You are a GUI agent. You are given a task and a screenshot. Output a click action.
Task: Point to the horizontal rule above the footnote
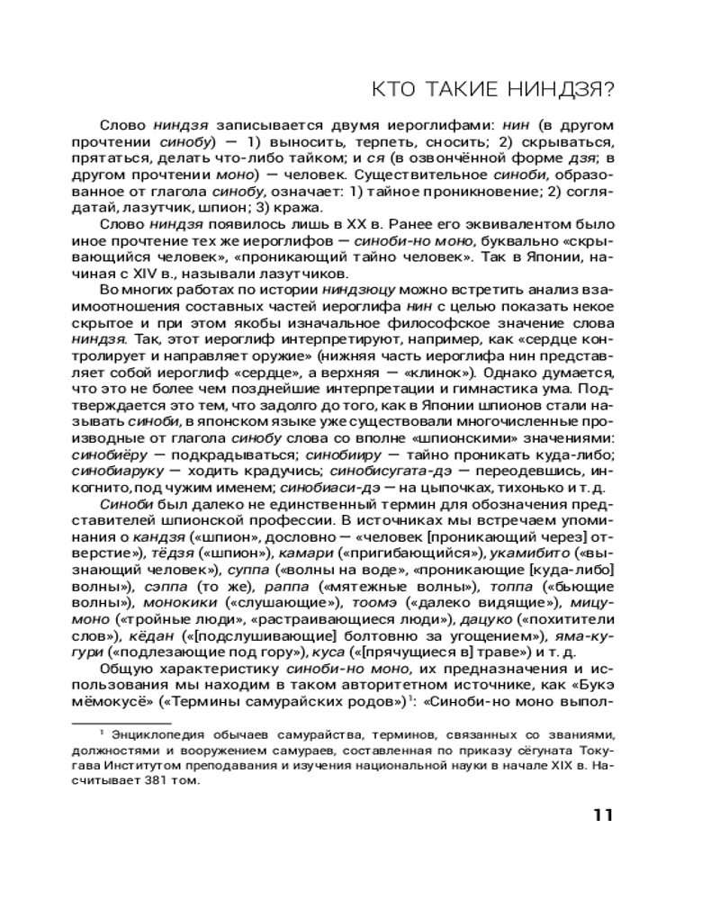pos(121,722)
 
